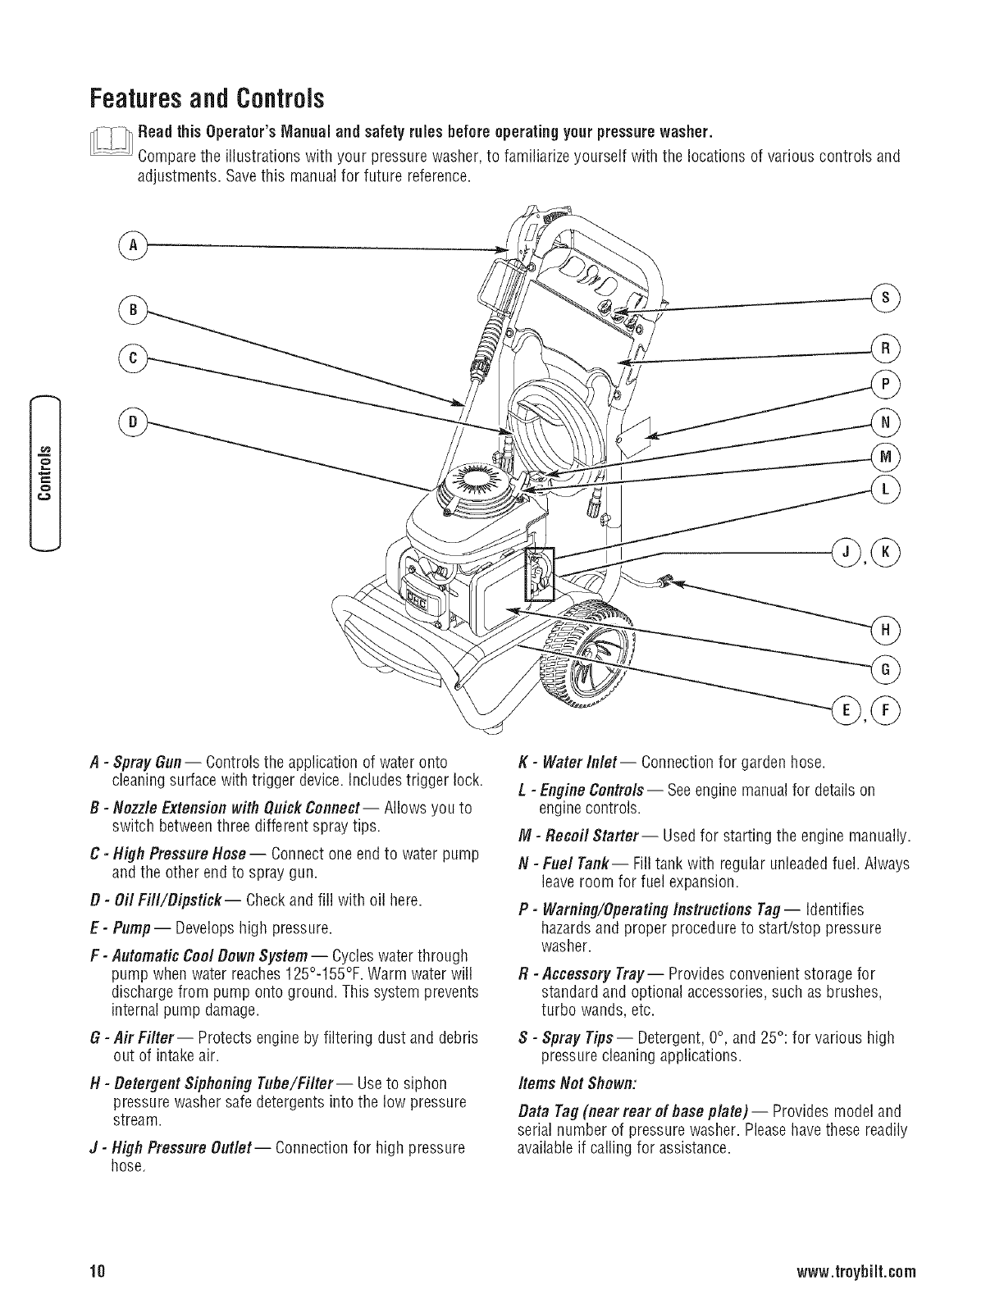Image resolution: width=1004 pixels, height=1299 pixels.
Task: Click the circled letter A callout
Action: click(131, 245)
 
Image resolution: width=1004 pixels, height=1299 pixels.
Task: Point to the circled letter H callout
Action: click(885, 630)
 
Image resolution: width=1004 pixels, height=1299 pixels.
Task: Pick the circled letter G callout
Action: click(885, 668)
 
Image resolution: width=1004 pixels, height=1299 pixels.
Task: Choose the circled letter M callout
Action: click(885, 457)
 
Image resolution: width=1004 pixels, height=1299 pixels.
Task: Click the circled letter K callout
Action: click(885, 550)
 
